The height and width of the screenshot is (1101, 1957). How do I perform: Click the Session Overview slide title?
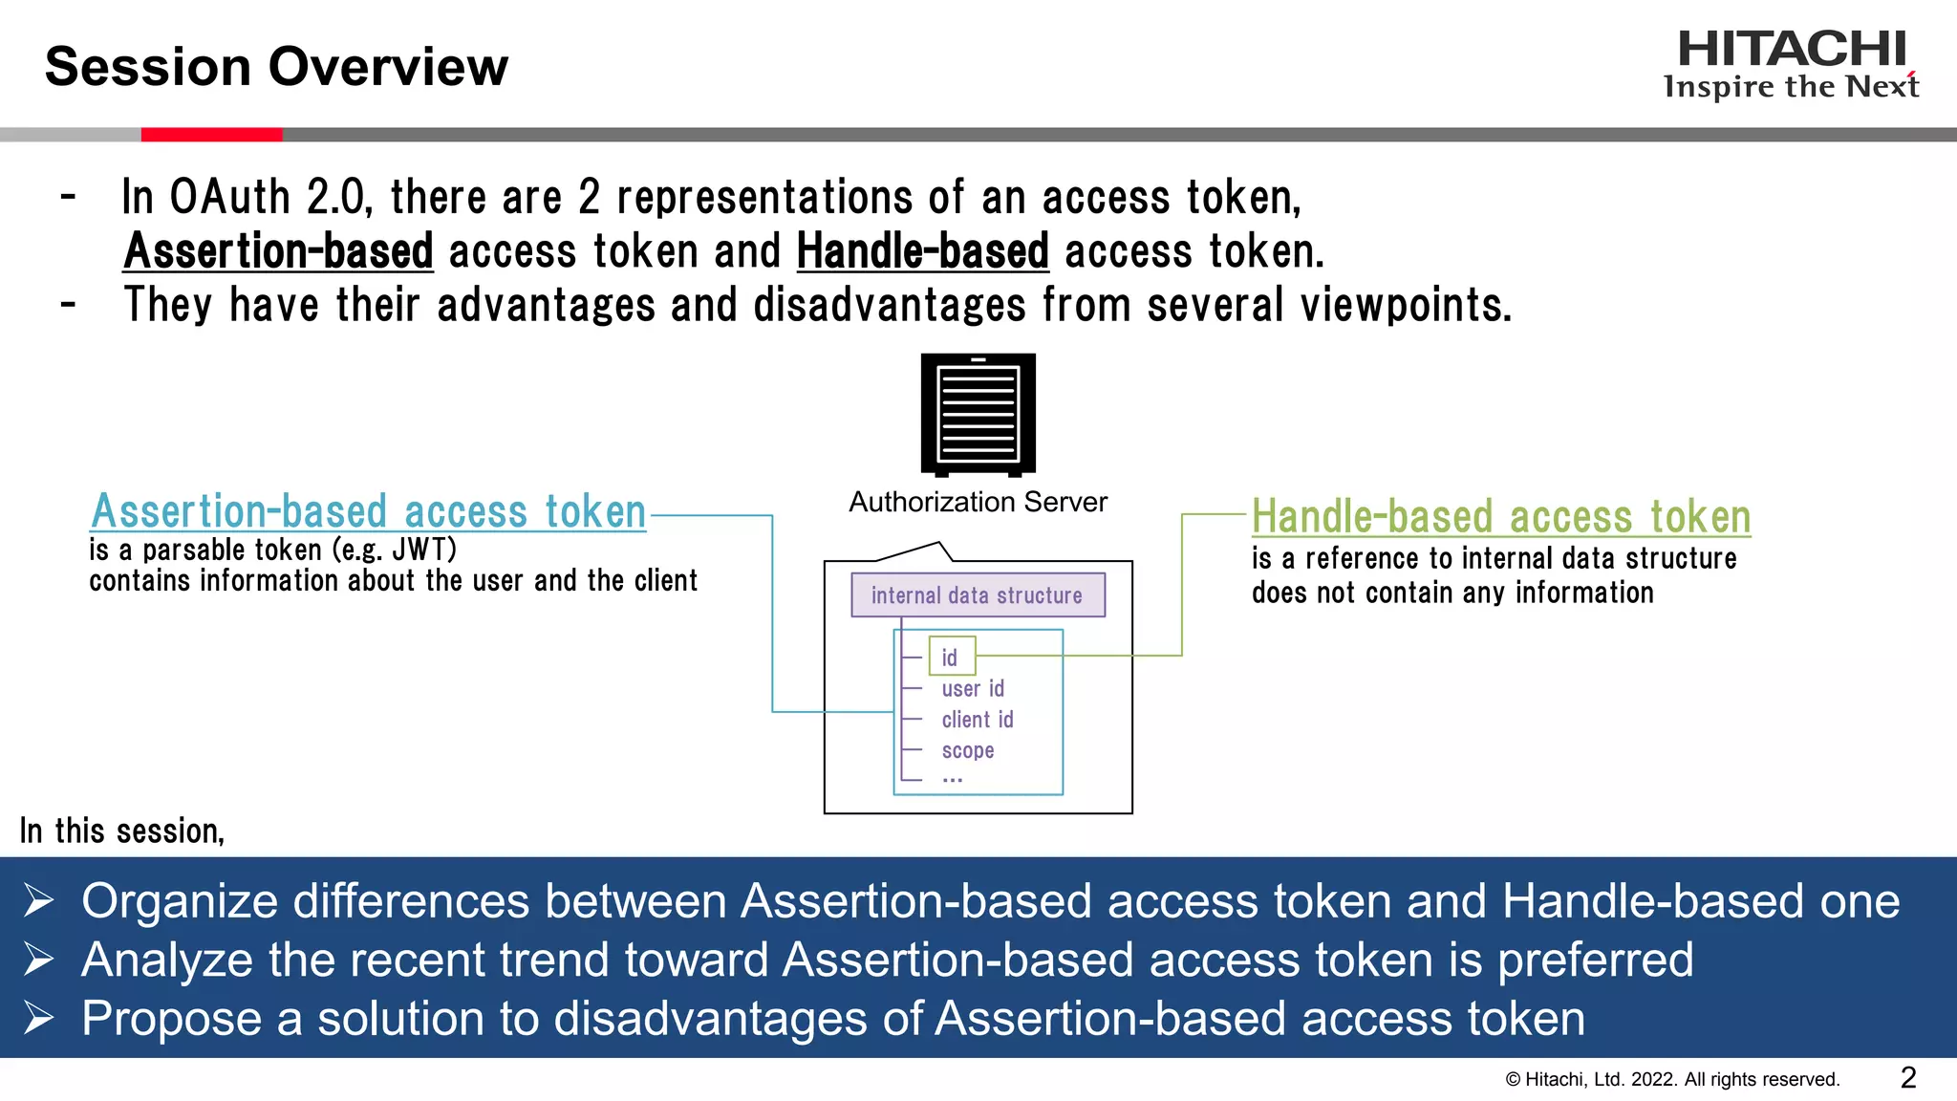click(276, 67)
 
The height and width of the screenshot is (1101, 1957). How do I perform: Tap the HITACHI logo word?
click(1792, 50)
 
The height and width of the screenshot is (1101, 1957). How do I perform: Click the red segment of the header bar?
click(211, 135)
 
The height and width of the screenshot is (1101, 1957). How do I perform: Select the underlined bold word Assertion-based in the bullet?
click(278, 251)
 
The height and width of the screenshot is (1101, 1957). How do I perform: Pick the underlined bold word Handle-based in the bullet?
click(922, 251)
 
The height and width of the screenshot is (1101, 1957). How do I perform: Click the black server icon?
click(978, 414)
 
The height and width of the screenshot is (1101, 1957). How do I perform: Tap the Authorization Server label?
click(978, 502)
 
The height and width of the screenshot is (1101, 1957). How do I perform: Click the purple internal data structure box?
click(978, 594)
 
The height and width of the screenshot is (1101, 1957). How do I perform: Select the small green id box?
click(952, 657)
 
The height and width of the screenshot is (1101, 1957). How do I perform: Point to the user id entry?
click(972, 688)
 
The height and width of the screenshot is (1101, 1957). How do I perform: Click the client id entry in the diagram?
click(977, 720)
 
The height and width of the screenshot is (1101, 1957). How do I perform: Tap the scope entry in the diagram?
click(967, 750)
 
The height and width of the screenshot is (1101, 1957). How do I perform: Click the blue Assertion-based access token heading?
click(368, 511)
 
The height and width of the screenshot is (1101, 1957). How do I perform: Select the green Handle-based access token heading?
click(1500, 517)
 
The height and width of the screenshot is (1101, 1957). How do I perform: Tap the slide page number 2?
click(1908, 1078)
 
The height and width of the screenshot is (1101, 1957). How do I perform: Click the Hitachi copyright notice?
click(1672, 1080)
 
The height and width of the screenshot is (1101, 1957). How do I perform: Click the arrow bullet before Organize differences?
click(39, 901)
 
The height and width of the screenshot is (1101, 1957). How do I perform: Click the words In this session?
click(121, 831)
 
